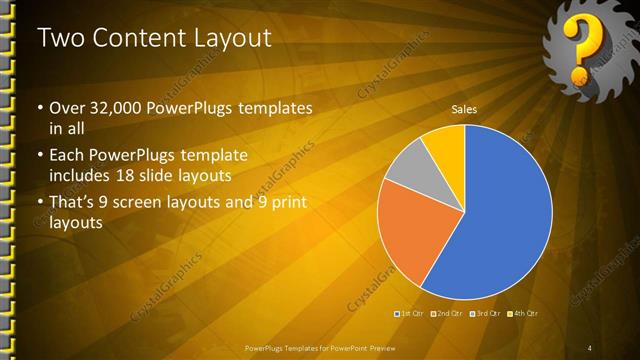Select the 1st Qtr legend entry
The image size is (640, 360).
pyautogui.click(x=411, y=314)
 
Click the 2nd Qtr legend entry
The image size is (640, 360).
pyautogui.click(x=446, y=314)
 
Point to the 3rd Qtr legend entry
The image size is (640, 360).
pyautogui.click(x=483, y=314)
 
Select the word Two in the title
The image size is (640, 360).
pyautogui.click(x=56, y=38)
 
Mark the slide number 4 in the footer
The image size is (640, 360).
pyautogui.click(x=589, y=347)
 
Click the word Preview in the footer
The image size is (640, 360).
pyautogui.click(x=388, y=347)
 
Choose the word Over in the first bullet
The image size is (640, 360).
pyautogui.click(x=65, y=107)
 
